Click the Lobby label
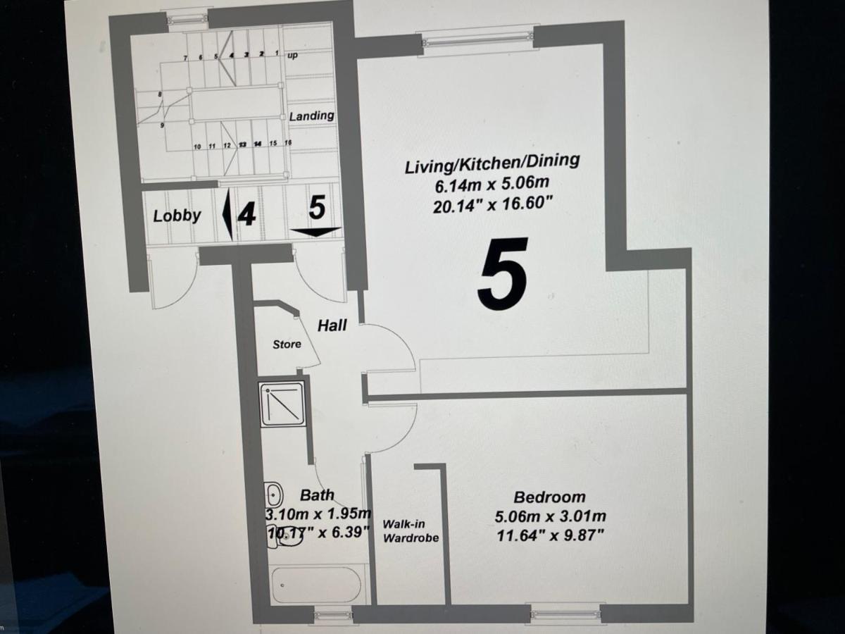pyautogui.click(x=177, y=216)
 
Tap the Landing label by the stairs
pyautogui.click(x=311, y=115)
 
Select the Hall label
pyautogui.click(x=332, y=325)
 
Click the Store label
pyautogui.click(x=287, y=344)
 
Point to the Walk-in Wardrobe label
pyautogui.click(x=411, y=530)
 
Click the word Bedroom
pyautogui.click(x=549, y=497)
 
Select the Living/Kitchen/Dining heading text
pyautogui.click(x=492, y=164)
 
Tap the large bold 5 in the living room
pyautogui.click(x=503, y=274)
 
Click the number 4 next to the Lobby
pyautogui.click(x=246, y=213)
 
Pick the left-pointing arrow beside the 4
pyautogui.click(x=227, y=214)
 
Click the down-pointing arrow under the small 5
pyautogui.click(x=315, y=232)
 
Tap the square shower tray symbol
pyautogui.click(x=282, y=404)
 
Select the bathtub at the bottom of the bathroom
pyautogui.click(x=316, y=584)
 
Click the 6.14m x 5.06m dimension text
pyautogui.click(x=492, y=186)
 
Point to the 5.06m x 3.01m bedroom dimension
pyautogui.click(x=550, y=516)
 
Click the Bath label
pyautogui.click(x=317, y=495)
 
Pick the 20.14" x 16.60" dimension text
pyautogui.click(x=492, y=206)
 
